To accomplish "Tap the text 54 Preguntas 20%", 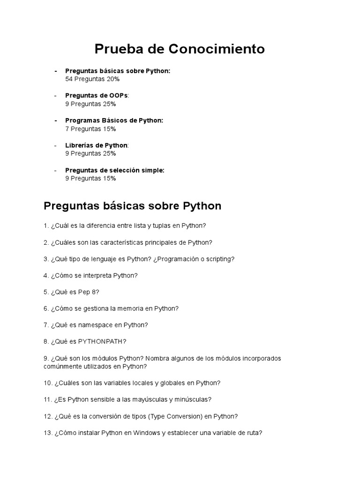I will (92, 79).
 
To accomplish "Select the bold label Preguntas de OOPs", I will (96, 96).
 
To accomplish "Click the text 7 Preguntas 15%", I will (90, 129).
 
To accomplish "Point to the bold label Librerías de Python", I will (96, 145).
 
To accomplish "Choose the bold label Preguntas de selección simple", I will (114, 170).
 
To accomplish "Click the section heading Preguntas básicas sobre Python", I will (132, 206).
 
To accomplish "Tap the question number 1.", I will (46, 226).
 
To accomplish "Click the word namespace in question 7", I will (99, 325).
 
